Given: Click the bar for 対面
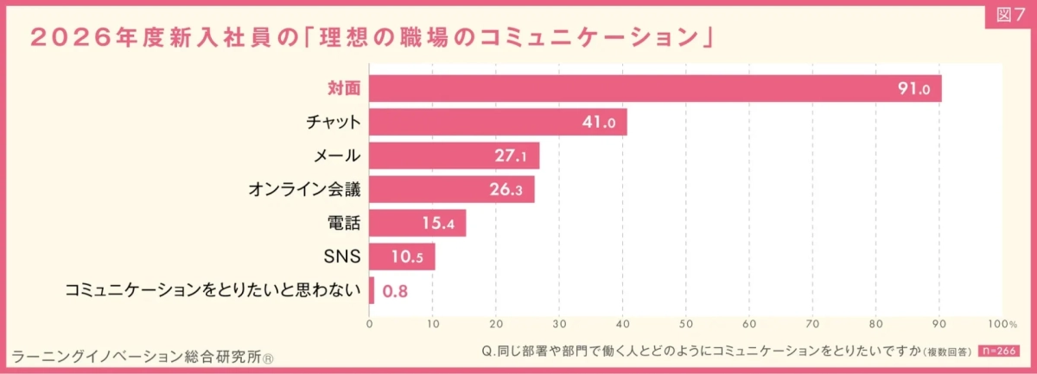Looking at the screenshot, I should point(655,89).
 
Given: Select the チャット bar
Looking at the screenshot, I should point(498,123).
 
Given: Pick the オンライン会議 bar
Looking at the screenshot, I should point(451,189).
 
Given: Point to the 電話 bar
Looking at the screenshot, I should point(417,223).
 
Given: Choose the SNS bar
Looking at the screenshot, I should point(402,257).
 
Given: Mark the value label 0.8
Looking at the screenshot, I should point(395,291).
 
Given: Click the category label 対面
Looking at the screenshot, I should point(344,89).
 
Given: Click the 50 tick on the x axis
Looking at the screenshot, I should point(685,324).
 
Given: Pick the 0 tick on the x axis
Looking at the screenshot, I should point(370,324).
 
